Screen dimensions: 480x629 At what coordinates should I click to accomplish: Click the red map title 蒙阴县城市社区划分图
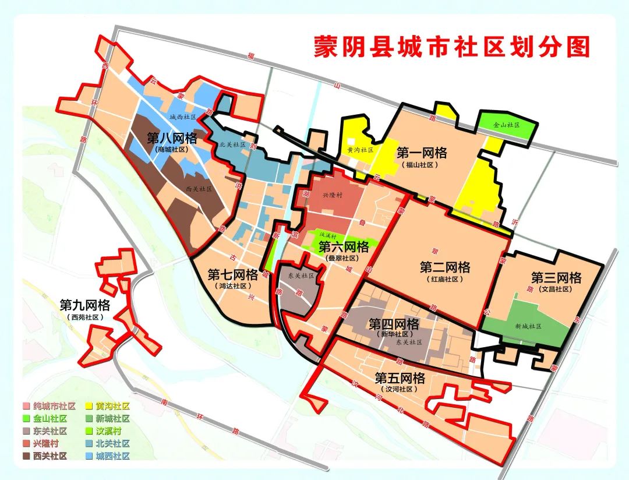pos(451,47)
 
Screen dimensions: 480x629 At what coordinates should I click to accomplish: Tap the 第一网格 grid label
pos(422,153)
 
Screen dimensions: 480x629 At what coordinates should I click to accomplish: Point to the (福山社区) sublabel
pos(422,165)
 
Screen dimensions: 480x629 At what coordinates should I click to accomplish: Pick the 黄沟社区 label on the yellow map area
pos(359,150)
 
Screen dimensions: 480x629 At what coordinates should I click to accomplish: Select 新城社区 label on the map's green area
pos(527,326)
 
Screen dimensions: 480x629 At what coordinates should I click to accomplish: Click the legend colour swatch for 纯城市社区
pos(26,406)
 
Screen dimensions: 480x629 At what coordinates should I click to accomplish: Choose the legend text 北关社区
pos(113,444)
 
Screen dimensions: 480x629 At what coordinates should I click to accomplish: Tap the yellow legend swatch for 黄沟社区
pos(90,406)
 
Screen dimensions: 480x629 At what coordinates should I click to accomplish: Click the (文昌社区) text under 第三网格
pos(556,289)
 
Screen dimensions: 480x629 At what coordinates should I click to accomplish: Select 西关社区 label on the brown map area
pos(199,189)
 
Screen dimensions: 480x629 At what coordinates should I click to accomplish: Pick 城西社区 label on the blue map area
pos(182,117)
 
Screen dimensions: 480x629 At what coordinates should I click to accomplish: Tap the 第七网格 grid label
pos(232,274)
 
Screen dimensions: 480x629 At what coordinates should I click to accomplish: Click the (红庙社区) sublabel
pos(445,280)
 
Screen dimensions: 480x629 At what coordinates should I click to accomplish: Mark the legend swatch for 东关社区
pos(26,431)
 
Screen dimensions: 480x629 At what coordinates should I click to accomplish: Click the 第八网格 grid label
pos(172,138)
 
